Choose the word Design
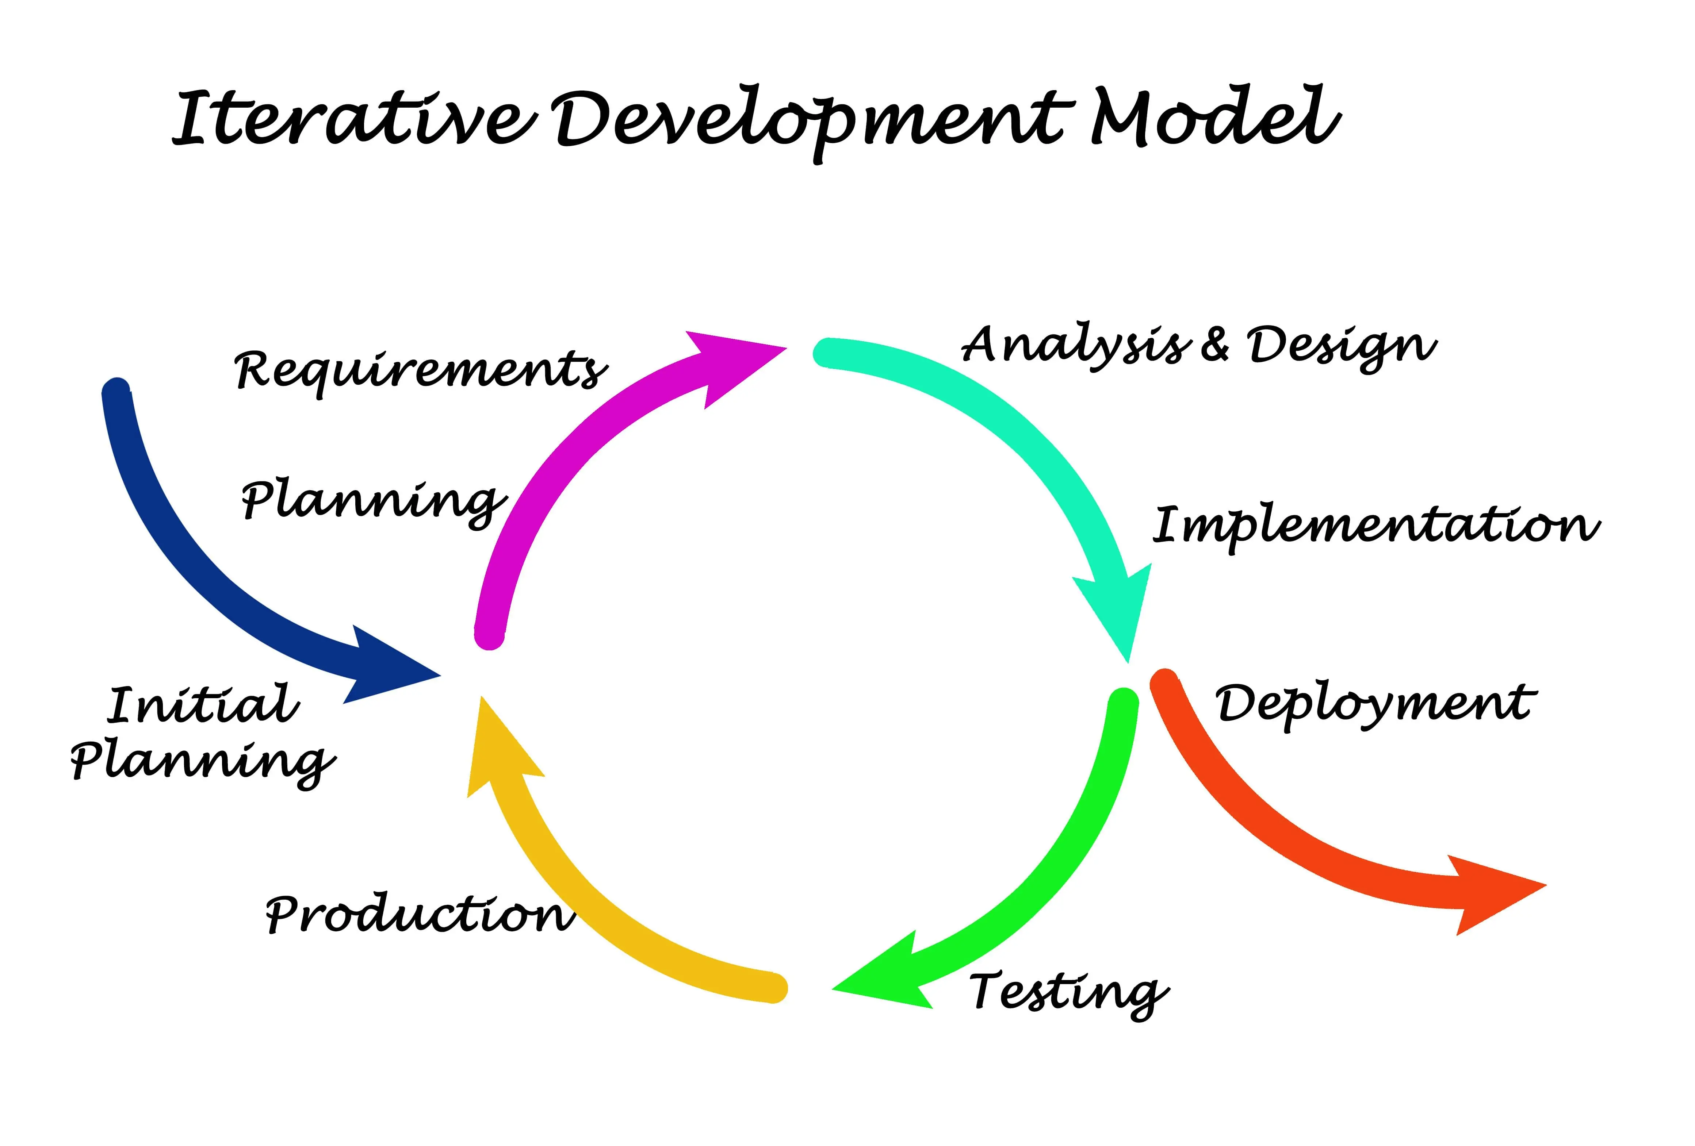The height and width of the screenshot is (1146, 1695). pos(1340,346)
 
